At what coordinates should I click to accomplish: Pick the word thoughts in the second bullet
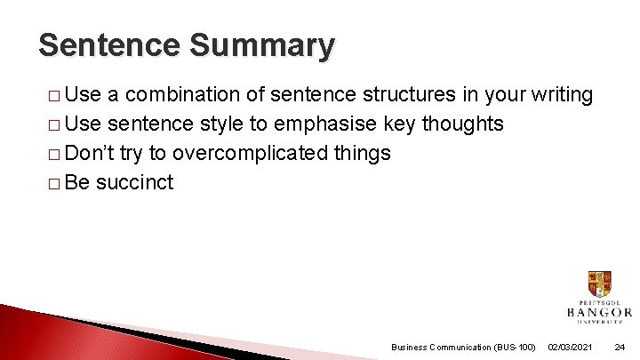click(462, 124)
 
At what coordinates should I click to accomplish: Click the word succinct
click(134, 182)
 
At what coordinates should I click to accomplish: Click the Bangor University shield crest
click(599, 284)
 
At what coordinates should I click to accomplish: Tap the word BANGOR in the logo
click(599, 312)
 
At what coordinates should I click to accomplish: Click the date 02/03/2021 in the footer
click(572, 347)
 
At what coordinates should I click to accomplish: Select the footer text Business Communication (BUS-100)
click(463, 347)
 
